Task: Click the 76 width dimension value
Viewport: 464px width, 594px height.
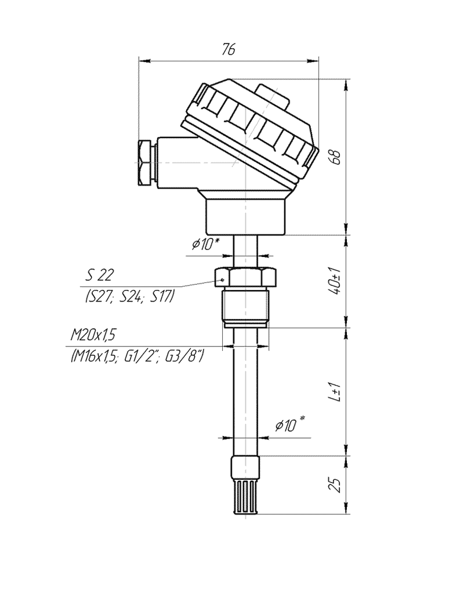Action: coord(229,49)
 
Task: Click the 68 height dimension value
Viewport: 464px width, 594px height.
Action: coord(335,157)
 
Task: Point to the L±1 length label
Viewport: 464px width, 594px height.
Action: coord(335,392)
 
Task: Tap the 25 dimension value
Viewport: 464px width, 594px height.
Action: coord(335,485)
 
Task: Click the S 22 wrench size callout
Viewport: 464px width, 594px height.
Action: coord(99,276)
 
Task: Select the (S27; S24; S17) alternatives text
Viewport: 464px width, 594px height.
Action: coord(129,296)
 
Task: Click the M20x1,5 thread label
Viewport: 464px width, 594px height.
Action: coord(93,335)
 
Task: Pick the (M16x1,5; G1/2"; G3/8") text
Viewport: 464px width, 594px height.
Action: coord(136,356)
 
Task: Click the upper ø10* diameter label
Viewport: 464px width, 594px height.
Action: coord(205,244)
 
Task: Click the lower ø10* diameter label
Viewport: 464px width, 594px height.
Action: coord(290,425)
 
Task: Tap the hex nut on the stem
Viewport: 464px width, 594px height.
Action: coord(246,278)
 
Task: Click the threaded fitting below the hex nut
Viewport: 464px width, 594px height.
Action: coord(246,307)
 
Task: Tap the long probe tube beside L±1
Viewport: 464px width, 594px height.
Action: coord(246,392)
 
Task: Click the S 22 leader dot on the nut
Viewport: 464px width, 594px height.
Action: coord(223,280)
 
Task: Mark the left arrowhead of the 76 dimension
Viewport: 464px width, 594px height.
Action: coord(144,60)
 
